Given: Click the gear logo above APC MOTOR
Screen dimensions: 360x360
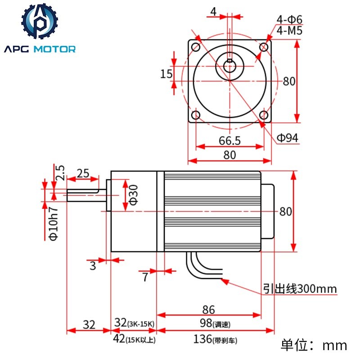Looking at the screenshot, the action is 40,21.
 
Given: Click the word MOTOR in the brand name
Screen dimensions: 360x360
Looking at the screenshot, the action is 54,49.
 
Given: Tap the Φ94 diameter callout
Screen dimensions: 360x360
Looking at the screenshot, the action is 288,138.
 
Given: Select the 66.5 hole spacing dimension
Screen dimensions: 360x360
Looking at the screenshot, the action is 229,140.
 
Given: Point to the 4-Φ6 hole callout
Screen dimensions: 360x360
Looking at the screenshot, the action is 289,19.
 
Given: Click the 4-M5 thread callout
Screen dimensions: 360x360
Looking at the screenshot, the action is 289,30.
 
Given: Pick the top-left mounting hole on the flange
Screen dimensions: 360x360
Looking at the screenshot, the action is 196,47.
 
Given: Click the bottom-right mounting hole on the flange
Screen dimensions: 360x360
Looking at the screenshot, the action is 264,115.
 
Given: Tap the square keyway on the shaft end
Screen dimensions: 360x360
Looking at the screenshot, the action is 229,61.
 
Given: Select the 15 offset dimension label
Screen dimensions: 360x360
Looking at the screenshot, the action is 166,74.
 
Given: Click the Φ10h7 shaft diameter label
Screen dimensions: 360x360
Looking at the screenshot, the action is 54,224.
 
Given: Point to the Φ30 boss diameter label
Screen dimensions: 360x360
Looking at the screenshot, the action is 134,195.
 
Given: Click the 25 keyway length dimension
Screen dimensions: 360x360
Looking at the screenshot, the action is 83,173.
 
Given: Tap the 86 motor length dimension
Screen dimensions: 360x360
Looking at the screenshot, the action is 208,310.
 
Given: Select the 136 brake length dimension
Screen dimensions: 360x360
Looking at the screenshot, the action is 215,339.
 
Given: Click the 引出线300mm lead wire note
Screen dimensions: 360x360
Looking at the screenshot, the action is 300,288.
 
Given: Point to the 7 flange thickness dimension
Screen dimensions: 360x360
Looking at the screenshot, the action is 145,277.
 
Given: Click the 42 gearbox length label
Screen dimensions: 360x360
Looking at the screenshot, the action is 134,339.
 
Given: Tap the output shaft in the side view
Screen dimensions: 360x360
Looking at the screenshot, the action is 86,195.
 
